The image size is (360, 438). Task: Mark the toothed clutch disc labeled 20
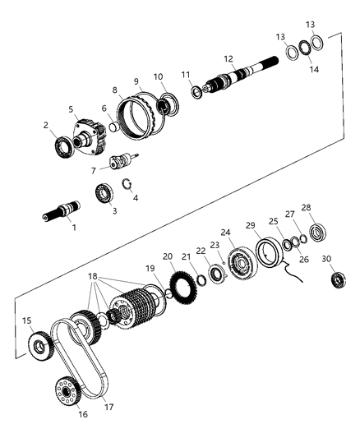point(173,284)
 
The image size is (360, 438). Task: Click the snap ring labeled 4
point(128,183)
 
